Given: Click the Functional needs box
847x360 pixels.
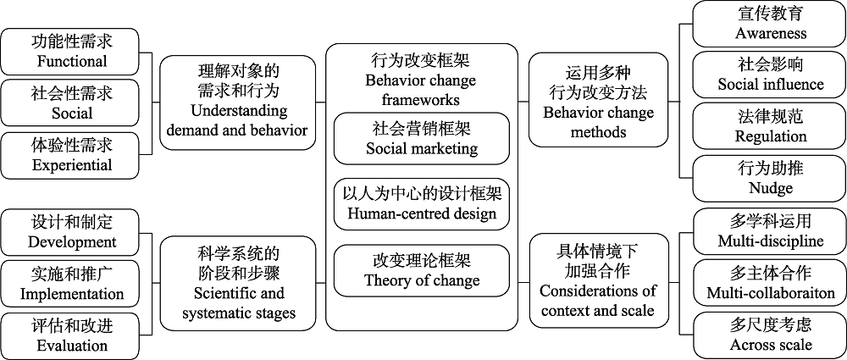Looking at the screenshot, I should [x=71, y=51].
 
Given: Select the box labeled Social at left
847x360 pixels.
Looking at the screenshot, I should [x=71, y=102].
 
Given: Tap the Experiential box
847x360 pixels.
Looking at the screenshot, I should [x=71, y=154].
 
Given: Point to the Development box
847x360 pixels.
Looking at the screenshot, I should [x=71, y=232].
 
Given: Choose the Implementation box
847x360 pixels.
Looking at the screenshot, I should [x=71, y=284].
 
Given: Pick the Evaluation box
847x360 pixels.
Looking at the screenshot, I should [x=71, y=335].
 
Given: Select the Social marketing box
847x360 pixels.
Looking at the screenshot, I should [x=422, y=139].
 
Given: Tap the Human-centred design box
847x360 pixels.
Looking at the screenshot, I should [x=422, y=204].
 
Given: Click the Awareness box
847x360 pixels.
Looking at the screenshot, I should [x=770, y=25].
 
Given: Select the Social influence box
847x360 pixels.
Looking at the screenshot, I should [x=770, y=75].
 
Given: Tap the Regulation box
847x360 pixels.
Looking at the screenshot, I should [x=770, y=126].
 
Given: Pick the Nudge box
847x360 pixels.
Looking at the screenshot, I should [x=770, y=178].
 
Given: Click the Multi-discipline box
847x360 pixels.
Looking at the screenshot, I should [x=770, y=231].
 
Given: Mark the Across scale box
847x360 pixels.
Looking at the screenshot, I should [x=770, y=335].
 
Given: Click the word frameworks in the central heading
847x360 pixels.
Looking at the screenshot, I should [x=421, y=99].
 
